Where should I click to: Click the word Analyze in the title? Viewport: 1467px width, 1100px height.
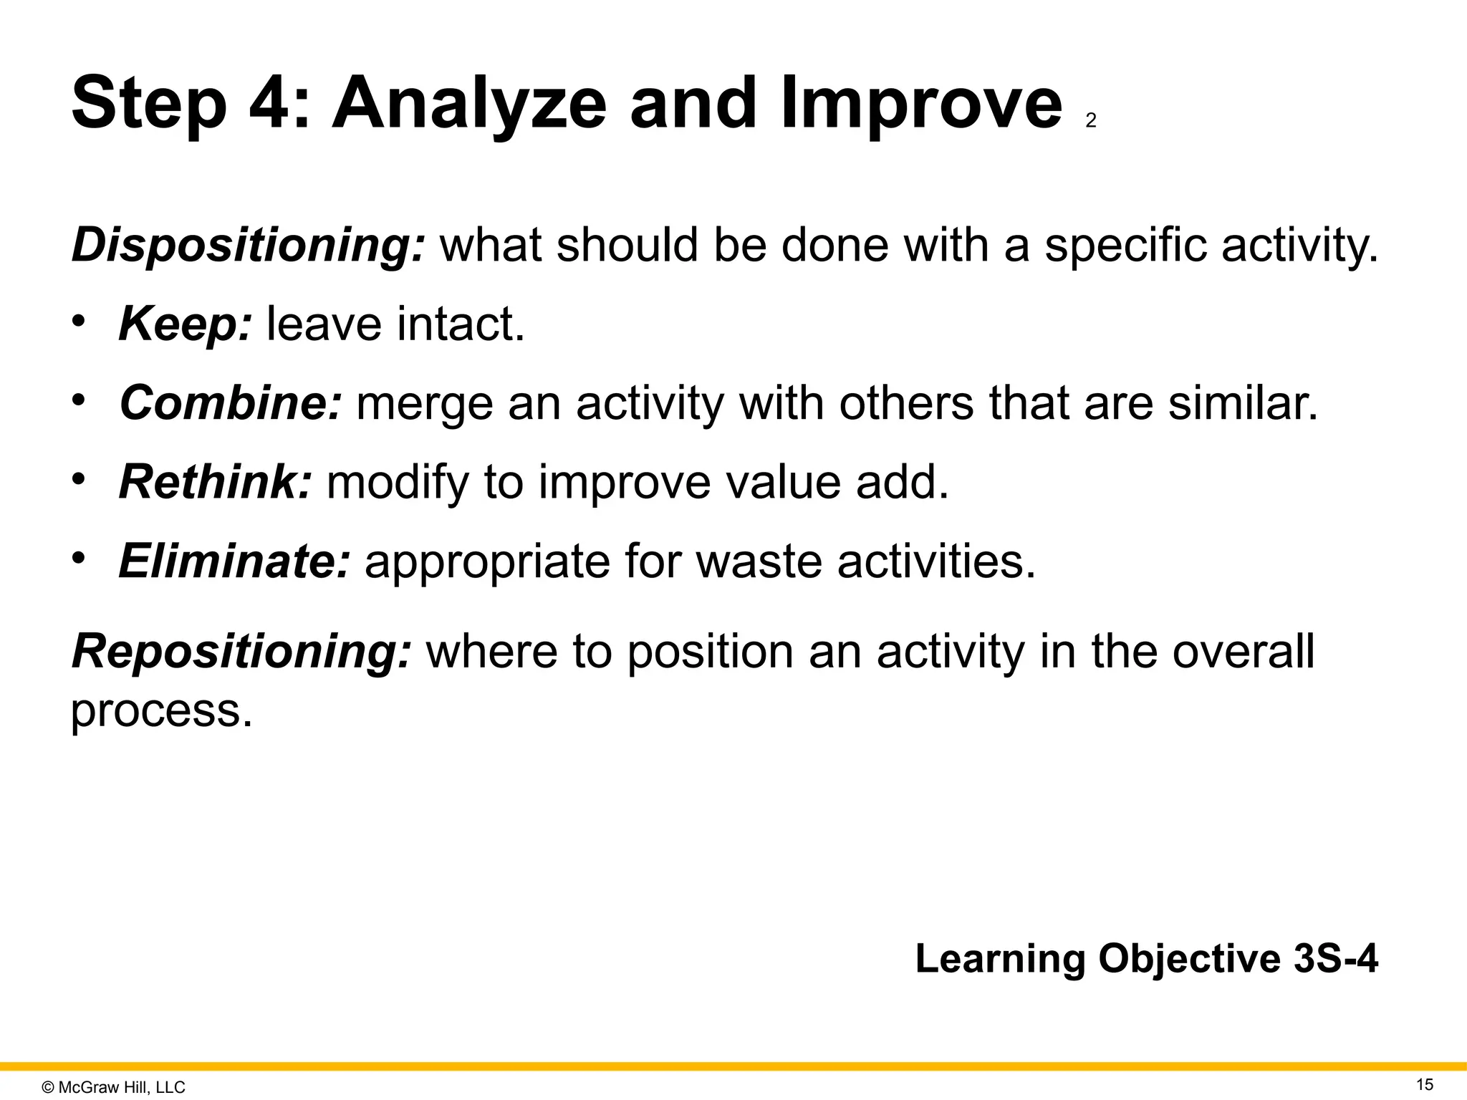(468, 104)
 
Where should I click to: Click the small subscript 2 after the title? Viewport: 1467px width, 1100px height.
(1090, 121)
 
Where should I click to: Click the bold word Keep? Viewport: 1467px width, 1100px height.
(185, 324)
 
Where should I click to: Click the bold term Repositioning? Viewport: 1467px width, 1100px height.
(242, 652)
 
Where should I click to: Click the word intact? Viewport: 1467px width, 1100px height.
(461, 324)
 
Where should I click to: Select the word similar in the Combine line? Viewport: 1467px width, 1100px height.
(1242, 403)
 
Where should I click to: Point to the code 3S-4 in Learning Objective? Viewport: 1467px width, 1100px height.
(1335, 958)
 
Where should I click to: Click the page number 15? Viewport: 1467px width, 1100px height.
(1425, 1084)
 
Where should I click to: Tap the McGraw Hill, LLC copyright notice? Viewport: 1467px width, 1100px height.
(114, 1087)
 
